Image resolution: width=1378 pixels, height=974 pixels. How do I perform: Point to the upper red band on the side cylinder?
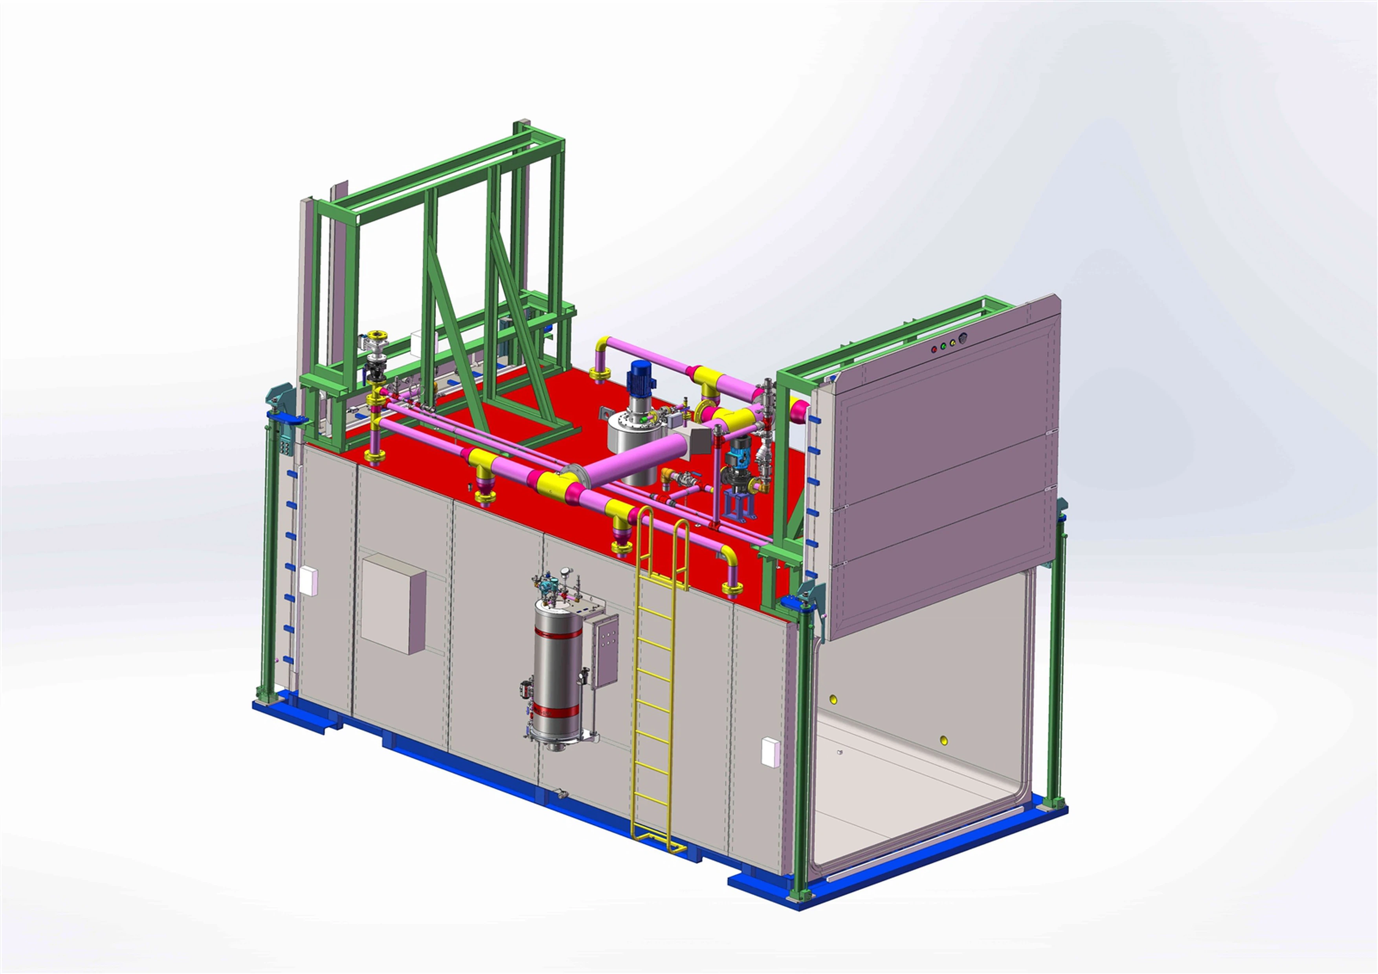click(558, 633)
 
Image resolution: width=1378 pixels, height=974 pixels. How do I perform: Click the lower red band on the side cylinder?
click(558, 712)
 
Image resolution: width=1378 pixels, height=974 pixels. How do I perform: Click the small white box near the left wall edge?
click(308, 581)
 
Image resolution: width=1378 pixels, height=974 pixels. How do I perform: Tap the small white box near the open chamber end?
click(770, 752)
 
